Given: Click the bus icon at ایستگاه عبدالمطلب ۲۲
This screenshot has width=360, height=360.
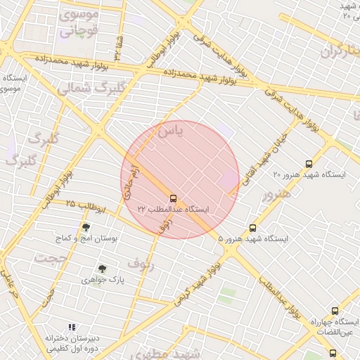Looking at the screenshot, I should point(173,198).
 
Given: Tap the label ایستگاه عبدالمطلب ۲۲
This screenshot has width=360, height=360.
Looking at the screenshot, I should point(176,210).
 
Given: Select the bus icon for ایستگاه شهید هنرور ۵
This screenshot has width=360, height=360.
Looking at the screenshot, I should point(252,228).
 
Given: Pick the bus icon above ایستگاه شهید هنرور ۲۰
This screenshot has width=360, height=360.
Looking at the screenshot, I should point(309,163).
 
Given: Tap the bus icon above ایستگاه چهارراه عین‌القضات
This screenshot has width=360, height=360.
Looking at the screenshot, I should point(334,311).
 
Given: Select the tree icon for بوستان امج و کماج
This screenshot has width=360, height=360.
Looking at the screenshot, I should point(86,227).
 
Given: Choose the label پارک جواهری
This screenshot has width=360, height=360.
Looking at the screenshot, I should point(103,280).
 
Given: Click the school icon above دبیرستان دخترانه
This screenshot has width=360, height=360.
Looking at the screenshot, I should point(71,327).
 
